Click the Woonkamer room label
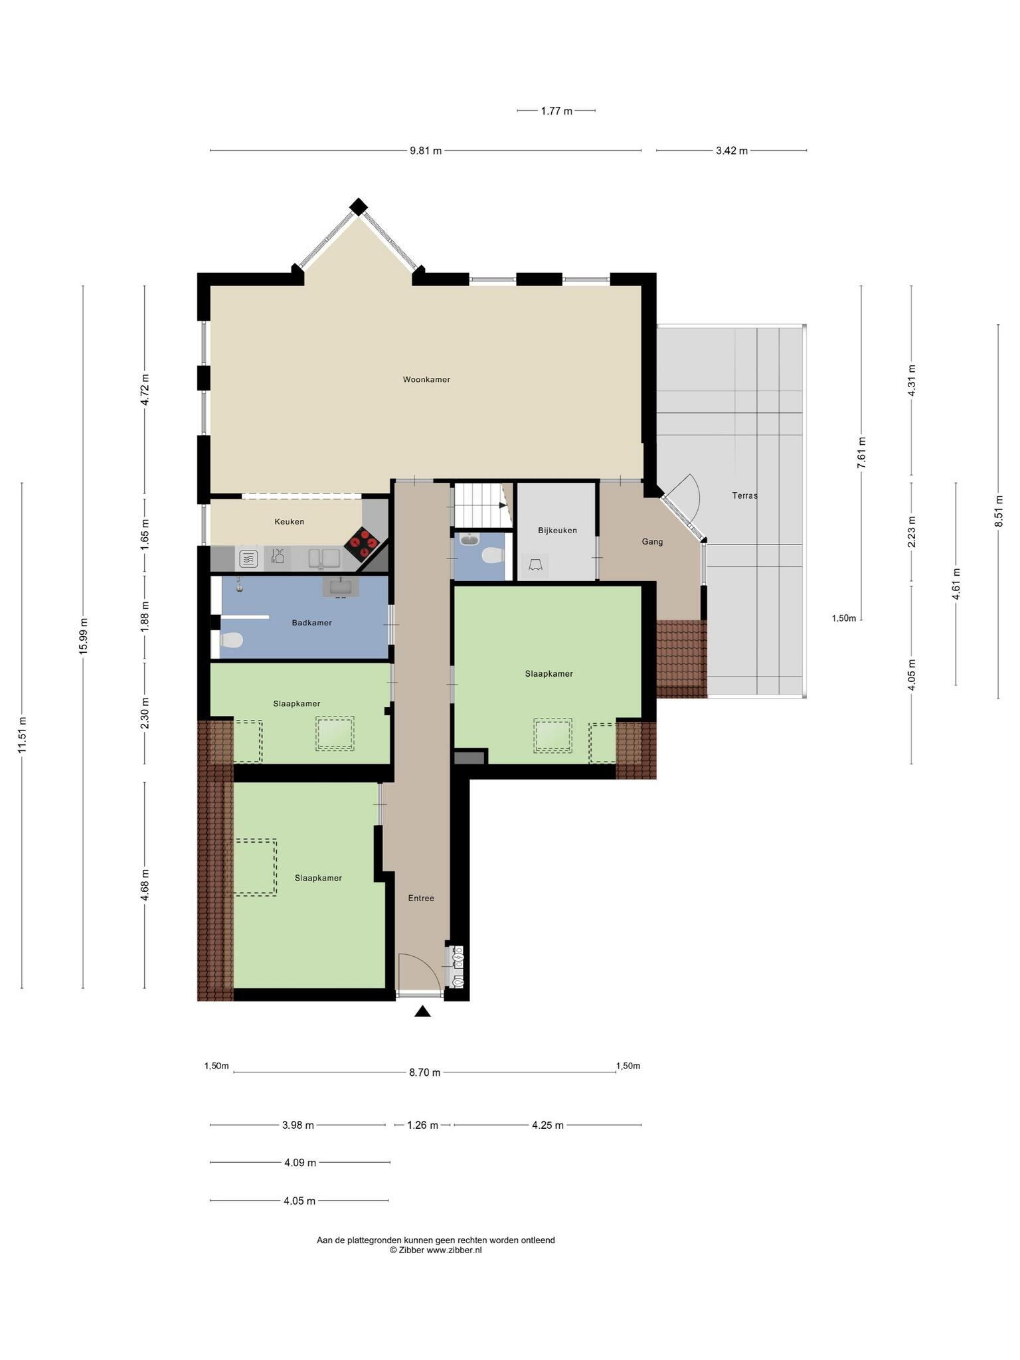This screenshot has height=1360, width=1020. click(426, 380)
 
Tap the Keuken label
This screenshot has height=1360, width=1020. click(290, 522)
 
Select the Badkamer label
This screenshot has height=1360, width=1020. click(311, 623)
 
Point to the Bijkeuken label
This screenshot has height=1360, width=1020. click(557, 531)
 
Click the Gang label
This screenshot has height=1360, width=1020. click(652, 542)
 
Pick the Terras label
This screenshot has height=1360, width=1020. click(744, 495)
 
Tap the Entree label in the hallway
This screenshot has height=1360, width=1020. click(421, 898)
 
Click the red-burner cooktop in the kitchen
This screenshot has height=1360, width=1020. click(362, 543)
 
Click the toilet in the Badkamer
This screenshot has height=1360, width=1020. click(230, 641)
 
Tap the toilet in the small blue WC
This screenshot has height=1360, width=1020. click(492, 555)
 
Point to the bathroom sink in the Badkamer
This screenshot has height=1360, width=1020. click(341, 587)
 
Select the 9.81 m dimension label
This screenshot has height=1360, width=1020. click(426, 151)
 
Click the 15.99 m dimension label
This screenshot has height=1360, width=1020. click(83, 636)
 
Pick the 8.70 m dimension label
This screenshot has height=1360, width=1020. click(424, 1072)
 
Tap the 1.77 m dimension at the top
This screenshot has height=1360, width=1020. click(556, 111)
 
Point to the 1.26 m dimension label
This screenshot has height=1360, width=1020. click(422, 1125)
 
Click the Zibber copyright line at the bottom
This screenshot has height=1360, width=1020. click(436, 1250)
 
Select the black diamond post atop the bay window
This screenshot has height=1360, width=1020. click(359, 207)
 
